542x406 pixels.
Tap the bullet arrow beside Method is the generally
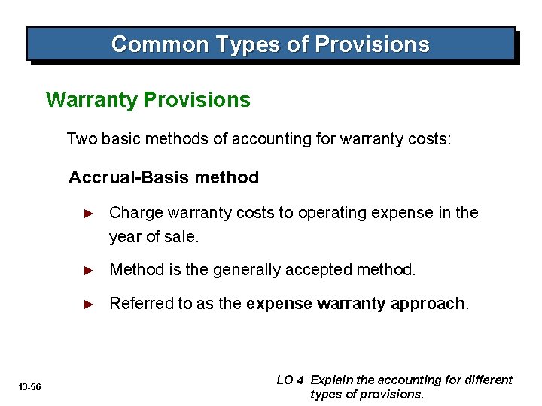pyautogui.click(x=88, y=270)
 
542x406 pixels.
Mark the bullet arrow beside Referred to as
pyautogui.click(x=88, y=304)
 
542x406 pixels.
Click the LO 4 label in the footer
pyautogui.click(x=290, y=380)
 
